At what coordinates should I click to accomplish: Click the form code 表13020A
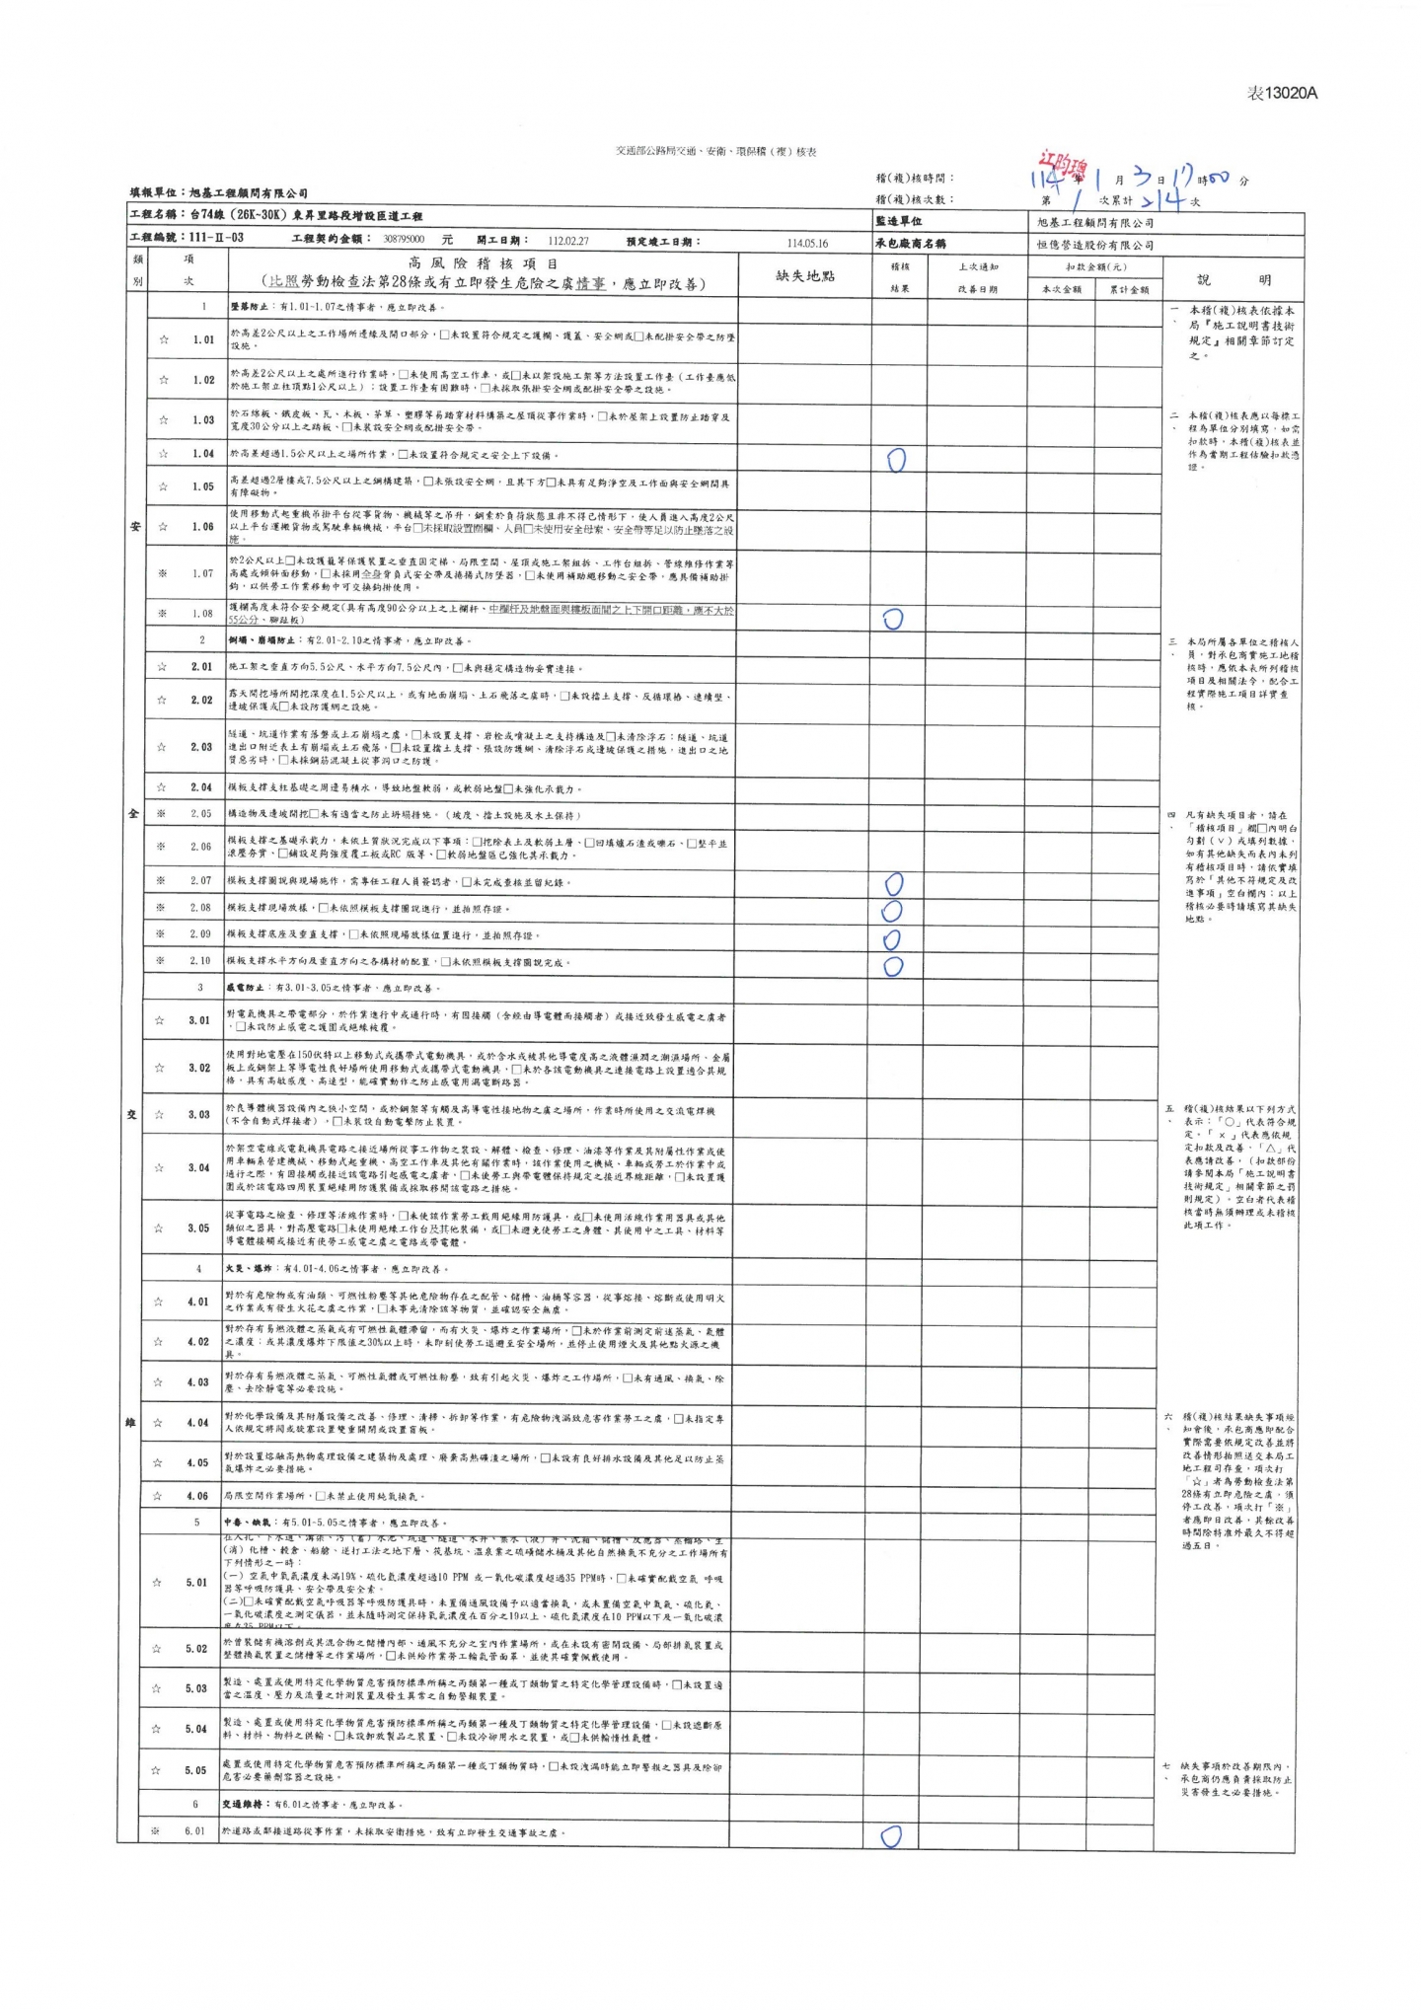tap(1282, 93)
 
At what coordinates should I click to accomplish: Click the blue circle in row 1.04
tap(896, 459)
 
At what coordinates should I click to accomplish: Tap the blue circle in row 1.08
tap(893, 619)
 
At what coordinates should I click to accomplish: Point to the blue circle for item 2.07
tap(893, 883)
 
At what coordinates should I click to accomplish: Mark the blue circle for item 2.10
tap(893, 966)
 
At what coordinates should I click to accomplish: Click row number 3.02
tap(199, 1068)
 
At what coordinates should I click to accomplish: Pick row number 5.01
tap(196, 1583)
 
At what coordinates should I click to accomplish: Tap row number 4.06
tap(197, 1496)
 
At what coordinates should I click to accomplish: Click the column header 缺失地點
tap(805, 276)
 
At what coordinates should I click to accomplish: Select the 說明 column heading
tap(1234, 280)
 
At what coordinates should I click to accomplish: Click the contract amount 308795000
tap(404, 240)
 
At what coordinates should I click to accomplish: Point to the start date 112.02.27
tap(568, 241)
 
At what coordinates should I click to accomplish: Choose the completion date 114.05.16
tap(807, 243)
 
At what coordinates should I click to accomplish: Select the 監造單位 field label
tap(898, 222)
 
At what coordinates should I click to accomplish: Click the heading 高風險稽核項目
tap(484, 263)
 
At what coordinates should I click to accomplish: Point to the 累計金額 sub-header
tap(1127, 289)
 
